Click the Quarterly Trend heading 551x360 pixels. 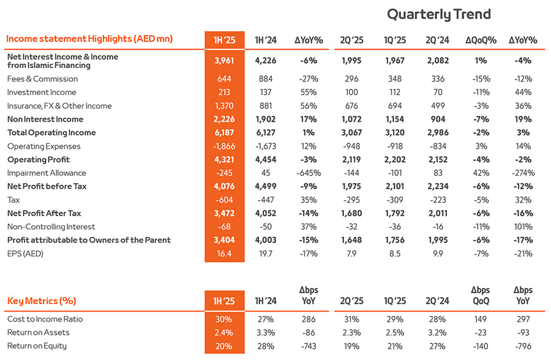[x=438, y=15]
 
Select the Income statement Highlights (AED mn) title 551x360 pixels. [x=89, y=39]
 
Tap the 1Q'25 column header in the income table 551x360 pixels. [x=395, y=40]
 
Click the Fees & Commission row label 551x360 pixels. [x=42, y=79]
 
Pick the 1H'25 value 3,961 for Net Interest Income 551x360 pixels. [x=224, y=61]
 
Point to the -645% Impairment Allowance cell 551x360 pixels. [x=309, y=173]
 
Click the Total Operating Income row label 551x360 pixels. [x=51, y=132]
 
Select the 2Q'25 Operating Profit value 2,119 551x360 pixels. [x=351, y=160]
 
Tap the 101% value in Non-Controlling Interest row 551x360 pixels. [x=523, y=227]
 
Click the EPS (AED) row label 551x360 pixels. [x=25, y=253]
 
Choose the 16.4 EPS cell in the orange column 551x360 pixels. [x=224, y=253]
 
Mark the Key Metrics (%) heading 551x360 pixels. [x=42, y=301]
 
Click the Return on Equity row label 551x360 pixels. [x=37, y=346]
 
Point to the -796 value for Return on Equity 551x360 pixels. [x=523, y=347]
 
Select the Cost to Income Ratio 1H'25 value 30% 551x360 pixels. [x=224, y=319]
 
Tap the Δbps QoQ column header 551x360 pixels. [x=481, y=295]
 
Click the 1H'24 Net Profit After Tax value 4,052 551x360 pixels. [x=266, y=214]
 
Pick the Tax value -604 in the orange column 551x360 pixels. [x=224, y=200]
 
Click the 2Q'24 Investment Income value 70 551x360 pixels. [x=438, y=92]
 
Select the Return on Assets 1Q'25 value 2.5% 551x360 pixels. [x=395, y=332]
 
